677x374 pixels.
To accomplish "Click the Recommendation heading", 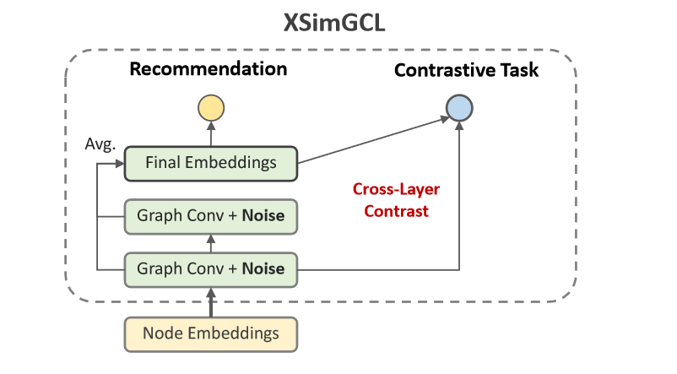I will click(209, 68).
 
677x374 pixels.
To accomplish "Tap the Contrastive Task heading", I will click(466, 70).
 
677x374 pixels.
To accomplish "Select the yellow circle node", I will click(210, 107).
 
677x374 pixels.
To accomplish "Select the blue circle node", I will click(459, 107).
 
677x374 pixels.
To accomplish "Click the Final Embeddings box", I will click(210, 163).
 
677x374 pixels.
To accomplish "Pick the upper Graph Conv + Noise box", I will click(210, 217).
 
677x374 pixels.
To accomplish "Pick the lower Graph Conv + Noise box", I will click(210, 269).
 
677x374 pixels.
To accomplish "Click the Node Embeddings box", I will click(210, 333).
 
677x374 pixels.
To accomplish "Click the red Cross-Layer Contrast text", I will click(397, 200).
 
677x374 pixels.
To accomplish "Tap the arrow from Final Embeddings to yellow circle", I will click(210, 133).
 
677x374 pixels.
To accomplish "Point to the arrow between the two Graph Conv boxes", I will click(210, 243).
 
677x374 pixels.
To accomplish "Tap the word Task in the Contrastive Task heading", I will click(519, 70).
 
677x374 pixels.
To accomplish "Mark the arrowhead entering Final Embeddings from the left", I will click(120, 163).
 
